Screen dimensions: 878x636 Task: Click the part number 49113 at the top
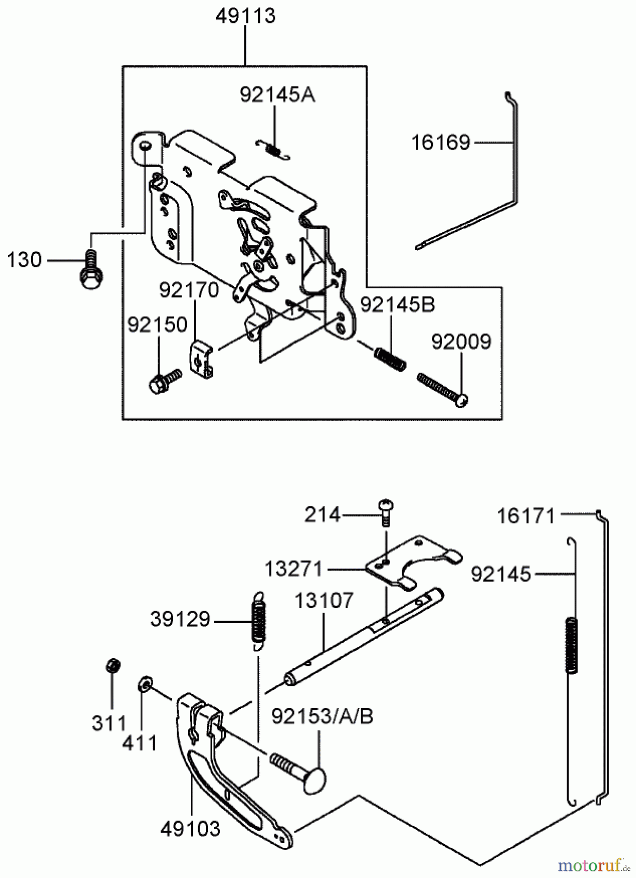tap(246, 16)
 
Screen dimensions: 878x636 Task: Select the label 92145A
tap(277, 95)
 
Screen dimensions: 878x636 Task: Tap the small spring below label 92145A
tap(274, 149)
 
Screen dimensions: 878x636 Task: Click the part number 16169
tap(440, 143)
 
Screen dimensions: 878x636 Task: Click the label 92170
tap(188, 290)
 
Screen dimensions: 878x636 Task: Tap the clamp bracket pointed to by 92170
tap(201, 359)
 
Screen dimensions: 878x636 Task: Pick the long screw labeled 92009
tap(442, 389)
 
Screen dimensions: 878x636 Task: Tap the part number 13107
tap(323, 600)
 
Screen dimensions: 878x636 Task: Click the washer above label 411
tap(144, 684)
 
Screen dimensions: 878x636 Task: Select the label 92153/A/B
tap(322, 717)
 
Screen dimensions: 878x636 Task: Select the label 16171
tap(526, 516)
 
